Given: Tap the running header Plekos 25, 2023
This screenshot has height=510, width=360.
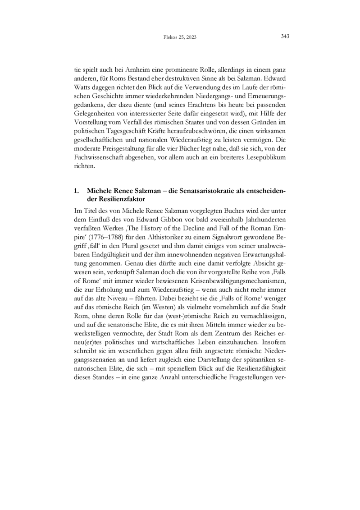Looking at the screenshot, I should pos(180,37).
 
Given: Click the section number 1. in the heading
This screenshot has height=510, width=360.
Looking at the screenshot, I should pos(77,191).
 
